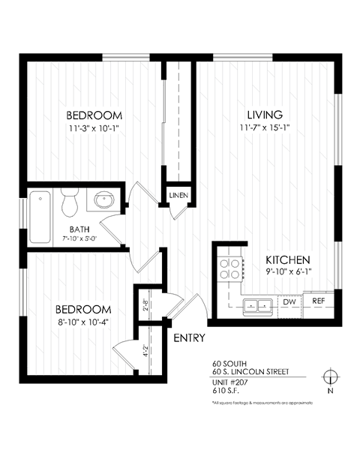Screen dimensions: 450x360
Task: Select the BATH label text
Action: pos(80,229)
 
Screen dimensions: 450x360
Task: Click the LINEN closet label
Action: pos(178,196)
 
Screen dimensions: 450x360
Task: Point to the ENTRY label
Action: pos(189,338)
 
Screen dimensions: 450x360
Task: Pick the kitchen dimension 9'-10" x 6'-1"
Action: pos(288,273)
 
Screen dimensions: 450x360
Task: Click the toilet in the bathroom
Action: pos(70,202)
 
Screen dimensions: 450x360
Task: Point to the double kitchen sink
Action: pos(258,304)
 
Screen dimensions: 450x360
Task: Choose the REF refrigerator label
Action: pos(318,301)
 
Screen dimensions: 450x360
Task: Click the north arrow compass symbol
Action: pos(328,376)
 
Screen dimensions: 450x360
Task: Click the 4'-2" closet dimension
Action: pos(145,350)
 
